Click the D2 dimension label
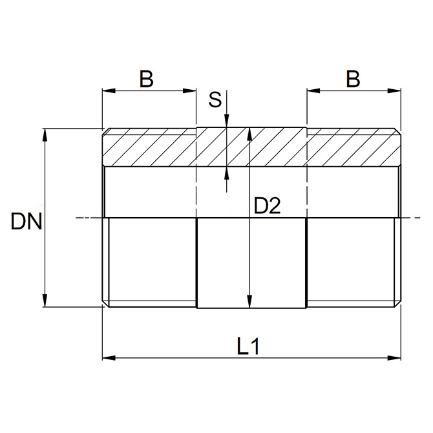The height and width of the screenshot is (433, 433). point(267,206)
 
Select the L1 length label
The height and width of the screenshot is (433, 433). point(248,346)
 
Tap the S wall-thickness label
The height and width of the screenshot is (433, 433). point(215,100)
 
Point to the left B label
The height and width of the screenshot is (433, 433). point(147,79)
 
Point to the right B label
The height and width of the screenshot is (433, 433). point(352,79)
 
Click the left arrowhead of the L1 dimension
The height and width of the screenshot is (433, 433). point(107,356)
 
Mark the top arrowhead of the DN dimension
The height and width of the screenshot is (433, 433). point(45,134)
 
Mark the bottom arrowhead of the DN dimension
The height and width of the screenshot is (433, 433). point(45,304)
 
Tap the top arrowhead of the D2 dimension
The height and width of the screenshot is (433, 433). point(249,132)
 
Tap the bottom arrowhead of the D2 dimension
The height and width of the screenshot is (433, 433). point(249,304)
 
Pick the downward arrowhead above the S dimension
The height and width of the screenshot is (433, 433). point(226,123)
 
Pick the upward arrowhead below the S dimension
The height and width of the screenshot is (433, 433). point(226,173)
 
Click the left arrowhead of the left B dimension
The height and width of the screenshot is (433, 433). point(107,91)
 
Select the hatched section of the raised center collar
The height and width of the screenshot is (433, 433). point(251,147)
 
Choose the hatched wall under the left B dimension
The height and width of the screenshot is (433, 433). point(150,149)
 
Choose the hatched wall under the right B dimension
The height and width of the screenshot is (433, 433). point(353,149)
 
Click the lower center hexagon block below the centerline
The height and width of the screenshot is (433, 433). point(251,263)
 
